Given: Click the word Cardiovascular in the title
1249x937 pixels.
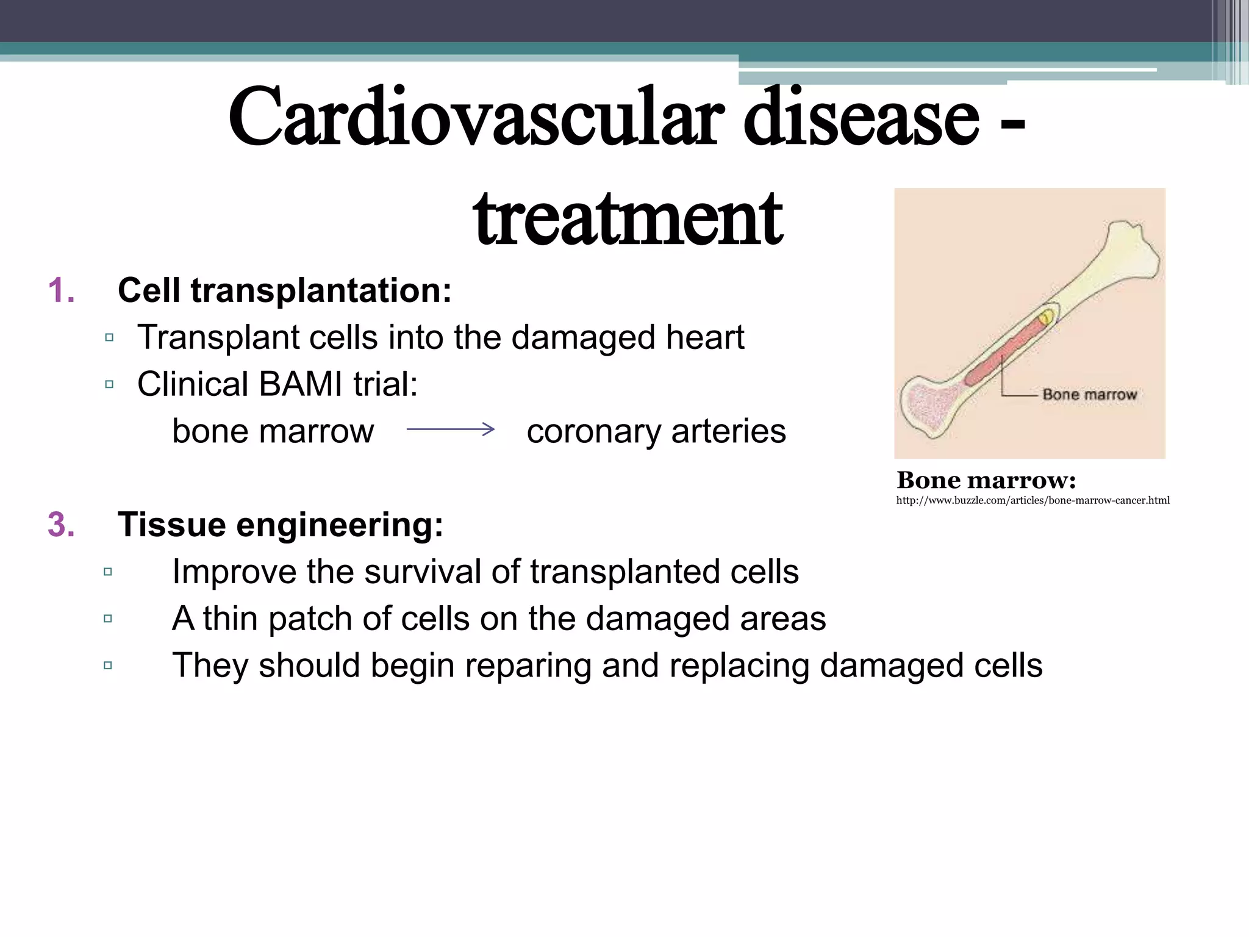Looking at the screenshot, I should click(476, 117).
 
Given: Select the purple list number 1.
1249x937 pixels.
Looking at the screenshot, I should click(61, 290).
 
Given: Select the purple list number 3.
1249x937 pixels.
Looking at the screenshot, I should click(61, 525).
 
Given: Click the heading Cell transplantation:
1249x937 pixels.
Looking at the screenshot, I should click(284, 290).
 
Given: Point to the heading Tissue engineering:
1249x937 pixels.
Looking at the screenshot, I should click(280, 525).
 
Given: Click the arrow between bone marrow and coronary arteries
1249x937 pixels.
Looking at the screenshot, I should click(451, 429).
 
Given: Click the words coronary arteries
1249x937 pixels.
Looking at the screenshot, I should click(656, 431).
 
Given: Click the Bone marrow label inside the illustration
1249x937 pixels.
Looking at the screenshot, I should click(1089, 395).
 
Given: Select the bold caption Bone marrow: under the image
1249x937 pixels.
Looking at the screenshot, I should click(986, 481).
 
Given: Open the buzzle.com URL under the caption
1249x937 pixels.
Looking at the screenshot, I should click(1032, 501).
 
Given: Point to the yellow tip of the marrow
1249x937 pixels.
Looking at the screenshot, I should click(1045, 317).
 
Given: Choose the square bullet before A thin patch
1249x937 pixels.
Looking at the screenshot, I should click(108, 619).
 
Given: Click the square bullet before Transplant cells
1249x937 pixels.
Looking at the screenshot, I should click(109, 337).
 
